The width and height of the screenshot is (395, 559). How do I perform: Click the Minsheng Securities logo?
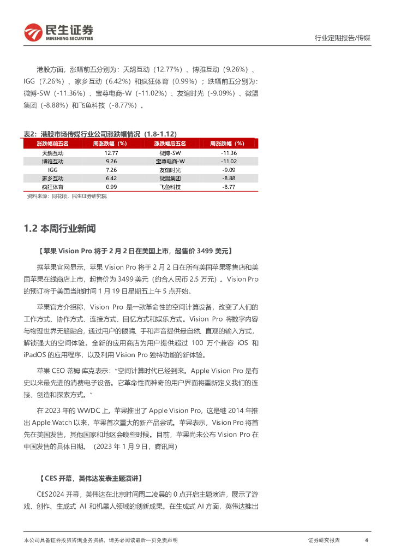pos(59,33)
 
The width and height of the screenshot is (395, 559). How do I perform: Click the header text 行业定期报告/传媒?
pos(343,38)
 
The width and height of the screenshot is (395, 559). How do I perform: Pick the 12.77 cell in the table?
pos(111,153)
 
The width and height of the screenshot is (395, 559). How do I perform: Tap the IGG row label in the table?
pos(53,170)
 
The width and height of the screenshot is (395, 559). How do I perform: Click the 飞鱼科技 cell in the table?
pos(170,187)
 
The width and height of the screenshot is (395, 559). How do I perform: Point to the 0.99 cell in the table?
pos(111,187)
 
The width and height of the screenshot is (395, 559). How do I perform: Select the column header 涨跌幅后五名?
pos(170,144)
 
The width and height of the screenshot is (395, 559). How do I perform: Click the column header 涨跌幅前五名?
pos(53,144)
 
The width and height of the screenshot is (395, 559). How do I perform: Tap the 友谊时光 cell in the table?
pos(170,170)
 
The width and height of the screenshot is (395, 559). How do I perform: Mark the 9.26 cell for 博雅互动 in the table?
pos(111,162)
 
